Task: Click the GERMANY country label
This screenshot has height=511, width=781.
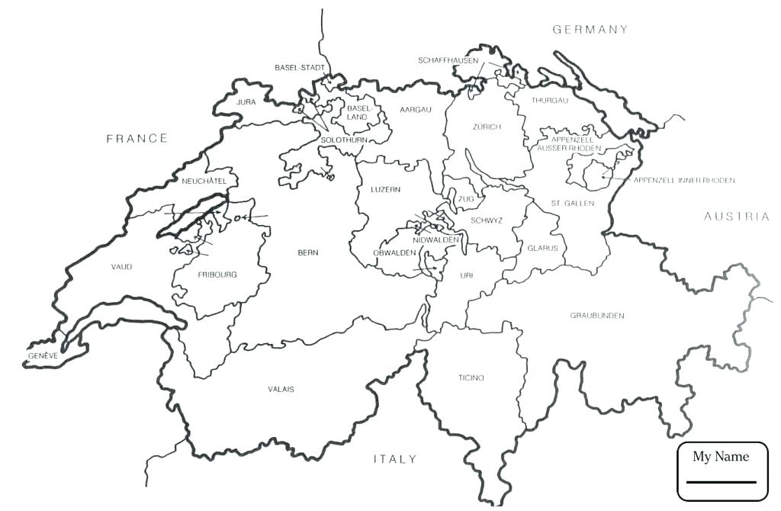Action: pyautogui.click(x=590, y=30)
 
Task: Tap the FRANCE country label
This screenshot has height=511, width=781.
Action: pyautogui.click(x=137, y=138)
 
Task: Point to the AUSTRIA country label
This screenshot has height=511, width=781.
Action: pyautogui.click(x=736, y=217)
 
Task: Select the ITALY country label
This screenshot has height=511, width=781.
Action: pyautogui.click(x=395, y=459)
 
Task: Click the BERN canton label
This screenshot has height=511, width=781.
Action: pyautogui.click(x=308, y=252)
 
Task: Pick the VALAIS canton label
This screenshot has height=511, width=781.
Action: pyautogui.click(x=281, y=389)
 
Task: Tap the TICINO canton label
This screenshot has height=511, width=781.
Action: pyautogui.click(x=471, y=378)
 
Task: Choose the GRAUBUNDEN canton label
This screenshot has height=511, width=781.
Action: pyautogui.click(x=597, y=316)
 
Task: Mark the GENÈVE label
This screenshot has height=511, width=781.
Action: pyautogui.click(x=43, y=356)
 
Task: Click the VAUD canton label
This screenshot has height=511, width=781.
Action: pyautogui.click(x=121, y=267)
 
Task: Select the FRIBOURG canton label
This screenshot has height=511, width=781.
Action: pyautogui.click(x=217, y=275)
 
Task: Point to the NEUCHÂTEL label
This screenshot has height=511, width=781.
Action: pyautogui.click(x=204, y=181)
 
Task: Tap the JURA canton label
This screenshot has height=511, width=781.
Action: pyautogui.click(x=246, y=101)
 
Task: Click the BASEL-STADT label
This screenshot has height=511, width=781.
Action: pyautogui.click(x=300, y=68)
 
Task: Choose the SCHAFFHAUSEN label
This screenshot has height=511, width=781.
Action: pyautogui.click(x=448, y=60)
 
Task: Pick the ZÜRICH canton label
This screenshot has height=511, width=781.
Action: pyautogui.click(x=487, y=127)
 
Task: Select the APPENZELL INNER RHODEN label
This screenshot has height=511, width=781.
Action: pyautogui.click(x=684, y=181)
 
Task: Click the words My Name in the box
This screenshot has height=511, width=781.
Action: pyautogui.click(x=721, y=457)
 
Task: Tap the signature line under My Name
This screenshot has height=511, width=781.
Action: pyautogui.click(x=721, y=482)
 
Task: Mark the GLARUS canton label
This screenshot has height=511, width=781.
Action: pyautogui.click(x=542, y=249)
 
